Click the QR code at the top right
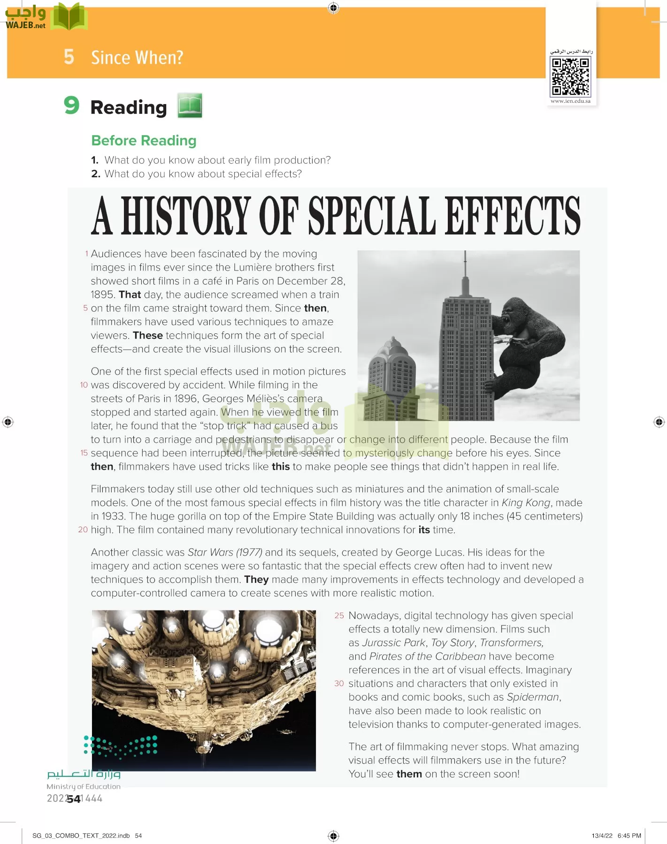coord(570,76)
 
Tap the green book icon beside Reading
coord(190,105)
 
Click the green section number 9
coord(71,105)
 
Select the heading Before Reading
coord(144,141)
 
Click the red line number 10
coord(84,385)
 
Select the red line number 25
coord(339,616)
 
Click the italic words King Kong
coord(526,503)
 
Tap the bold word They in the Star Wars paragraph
coord(256,580)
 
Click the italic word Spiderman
coord(533,697)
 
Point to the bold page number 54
coord(74,799)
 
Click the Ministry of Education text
coord(84,787)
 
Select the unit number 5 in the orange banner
coord(69,57)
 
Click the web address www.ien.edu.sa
coord(570,101)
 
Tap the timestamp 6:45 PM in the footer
coord(629,836)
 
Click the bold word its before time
coord(424,530)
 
